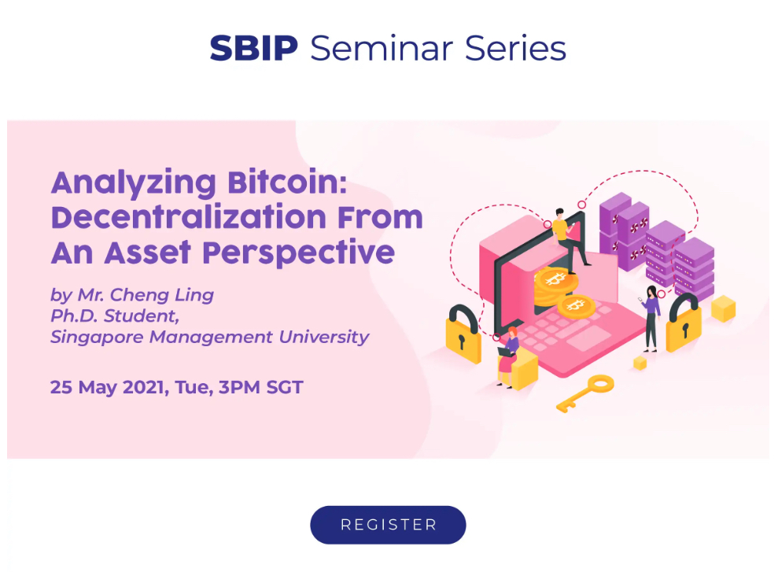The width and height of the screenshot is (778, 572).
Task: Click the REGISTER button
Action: click(x=388, y=524)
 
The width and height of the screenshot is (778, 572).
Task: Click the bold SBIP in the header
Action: click(x=253, y=48)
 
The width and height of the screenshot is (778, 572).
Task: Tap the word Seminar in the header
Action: click(x=382, y=48)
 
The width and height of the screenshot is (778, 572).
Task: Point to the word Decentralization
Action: click(x=189, y=217)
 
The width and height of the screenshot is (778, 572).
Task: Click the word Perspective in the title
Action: click(x=298, y=253)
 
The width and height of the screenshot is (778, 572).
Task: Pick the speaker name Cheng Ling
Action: click(x=162, y=295)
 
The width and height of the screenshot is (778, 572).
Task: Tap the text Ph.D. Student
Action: click(x=115, y=316)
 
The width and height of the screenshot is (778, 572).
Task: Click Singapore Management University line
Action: click(x=210, y=337)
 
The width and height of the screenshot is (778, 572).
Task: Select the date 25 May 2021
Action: click(x=107, y=387)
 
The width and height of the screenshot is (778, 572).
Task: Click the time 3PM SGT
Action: click(x=261, y=387)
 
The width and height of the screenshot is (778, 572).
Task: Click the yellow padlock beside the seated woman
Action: click(x=463, y=335)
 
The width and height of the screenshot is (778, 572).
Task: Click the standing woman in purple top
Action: click(x=651, y=319)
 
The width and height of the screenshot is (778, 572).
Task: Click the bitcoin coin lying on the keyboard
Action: click(x=576, y=306)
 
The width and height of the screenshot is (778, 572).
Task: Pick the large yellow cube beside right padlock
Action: click(x=724, y=308)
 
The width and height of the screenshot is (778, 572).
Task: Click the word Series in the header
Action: click(x=515, y=48)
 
